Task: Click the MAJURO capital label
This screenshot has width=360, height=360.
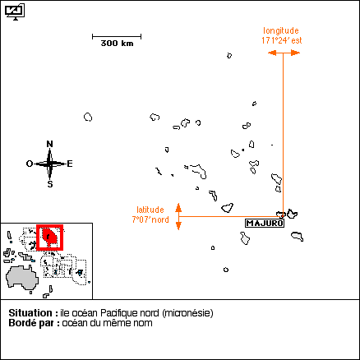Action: coord(265,224)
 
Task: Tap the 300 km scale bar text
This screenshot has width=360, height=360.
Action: coord(117,44)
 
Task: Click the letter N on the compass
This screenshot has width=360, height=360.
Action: coord(49,144)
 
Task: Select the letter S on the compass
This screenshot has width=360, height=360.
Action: coord(50,184)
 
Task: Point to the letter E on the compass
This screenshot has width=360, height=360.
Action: coord(70,164)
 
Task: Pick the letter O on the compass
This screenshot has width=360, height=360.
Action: coord(30,164)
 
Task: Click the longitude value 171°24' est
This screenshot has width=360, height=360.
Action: coord(282,40)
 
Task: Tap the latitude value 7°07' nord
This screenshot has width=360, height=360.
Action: coord(150,219)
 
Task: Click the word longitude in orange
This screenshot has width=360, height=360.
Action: coord(281,30)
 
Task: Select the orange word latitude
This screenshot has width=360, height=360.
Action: coord(150,210)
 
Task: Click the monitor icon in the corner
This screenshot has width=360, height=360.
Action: coord(15,12)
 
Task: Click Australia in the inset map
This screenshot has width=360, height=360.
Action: coord(22,277)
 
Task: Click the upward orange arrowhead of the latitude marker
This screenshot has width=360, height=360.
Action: coord(178,208)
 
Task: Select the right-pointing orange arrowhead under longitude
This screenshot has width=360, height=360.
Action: coord(295,53)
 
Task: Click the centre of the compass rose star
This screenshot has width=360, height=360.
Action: coord(49,164)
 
